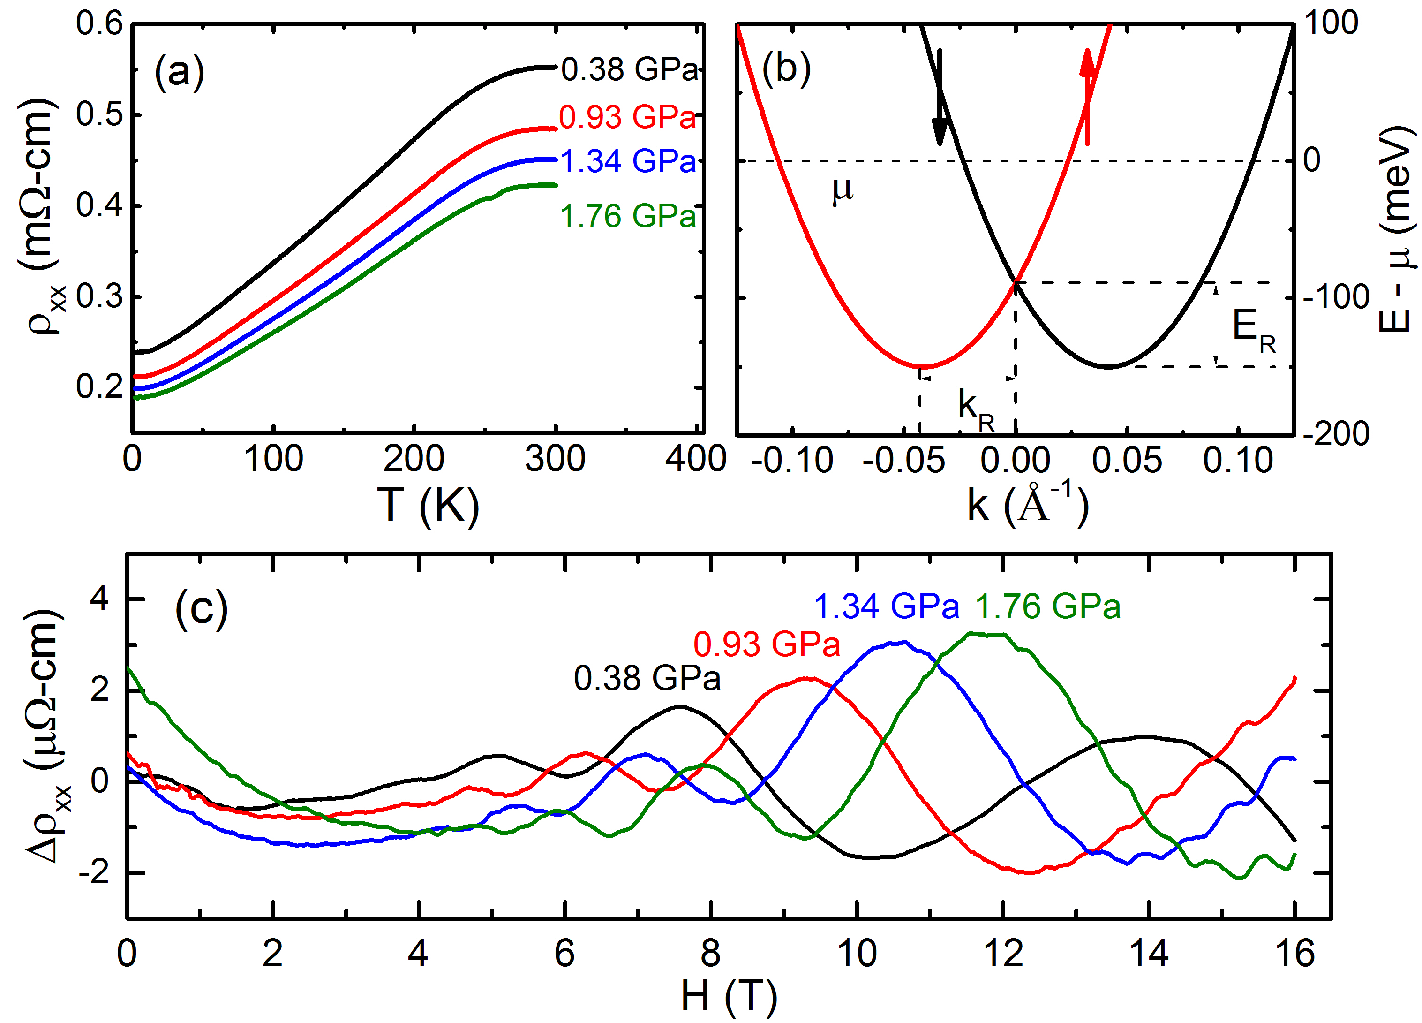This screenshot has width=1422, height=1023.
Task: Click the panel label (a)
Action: point(179,72)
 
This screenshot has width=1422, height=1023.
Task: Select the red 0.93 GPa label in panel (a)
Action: point(627,117)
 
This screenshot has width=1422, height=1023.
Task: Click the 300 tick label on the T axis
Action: point(555,459)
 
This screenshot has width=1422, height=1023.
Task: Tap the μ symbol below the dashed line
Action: point(843,189)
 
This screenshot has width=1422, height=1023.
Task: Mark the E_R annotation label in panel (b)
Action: point(1253,329)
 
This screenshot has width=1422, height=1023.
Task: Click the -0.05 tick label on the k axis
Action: point(903,461)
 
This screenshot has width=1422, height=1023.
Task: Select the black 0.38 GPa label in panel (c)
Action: point(647,679)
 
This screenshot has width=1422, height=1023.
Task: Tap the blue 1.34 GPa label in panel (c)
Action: point(887,606)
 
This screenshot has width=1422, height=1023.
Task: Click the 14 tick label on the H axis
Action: point(1149,954)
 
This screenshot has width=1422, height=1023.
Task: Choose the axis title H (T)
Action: point(729,997)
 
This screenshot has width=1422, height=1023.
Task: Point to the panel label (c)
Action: point(201,608)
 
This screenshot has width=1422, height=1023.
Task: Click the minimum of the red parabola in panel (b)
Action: point(921,366)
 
